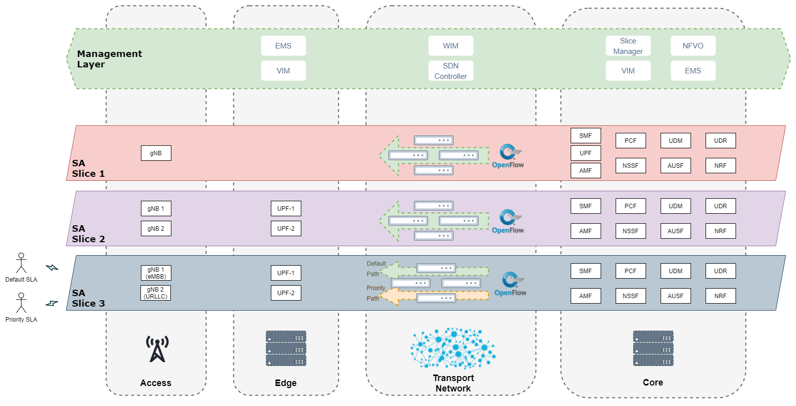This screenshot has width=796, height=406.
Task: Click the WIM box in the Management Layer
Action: tap(451, 45)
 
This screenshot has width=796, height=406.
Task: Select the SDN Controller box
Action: tap(451, 71)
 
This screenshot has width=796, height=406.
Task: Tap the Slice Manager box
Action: tap(628, 45)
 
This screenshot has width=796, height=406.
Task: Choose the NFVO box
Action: tap(693, 45)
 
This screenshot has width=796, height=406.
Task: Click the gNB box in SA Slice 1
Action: tap(156, 153)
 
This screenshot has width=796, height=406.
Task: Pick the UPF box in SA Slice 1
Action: tap(586, 153)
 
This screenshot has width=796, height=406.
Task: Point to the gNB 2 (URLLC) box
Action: tap(155, 293)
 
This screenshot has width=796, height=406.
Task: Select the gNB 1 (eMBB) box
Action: tap(156, 273)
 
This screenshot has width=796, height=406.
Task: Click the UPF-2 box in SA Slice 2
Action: tap(286, 228)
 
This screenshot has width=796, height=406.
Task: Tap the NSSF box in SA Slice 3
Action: tap(631, 296)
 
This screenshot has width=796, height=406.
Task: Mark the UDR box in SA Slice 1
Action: tap(721, 141)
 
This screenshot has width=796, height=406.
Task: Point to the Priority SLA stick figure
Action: tap(21, 303)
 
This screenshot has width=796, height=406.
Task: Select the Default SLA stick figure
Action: tap(21, 263)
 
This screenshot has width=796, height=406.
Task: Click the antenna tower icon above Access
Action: tap(157, 349)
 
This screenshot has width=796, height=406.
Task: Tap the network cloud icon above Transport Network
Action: tap(453, 348)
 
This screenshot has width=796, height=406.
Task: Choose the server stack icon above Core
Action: tap(653, 349)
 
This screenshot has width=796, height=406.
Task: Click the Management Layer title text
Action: tap(109, 59)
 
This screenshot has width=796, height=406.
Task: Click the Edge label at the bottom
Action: tap(286, 383)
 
